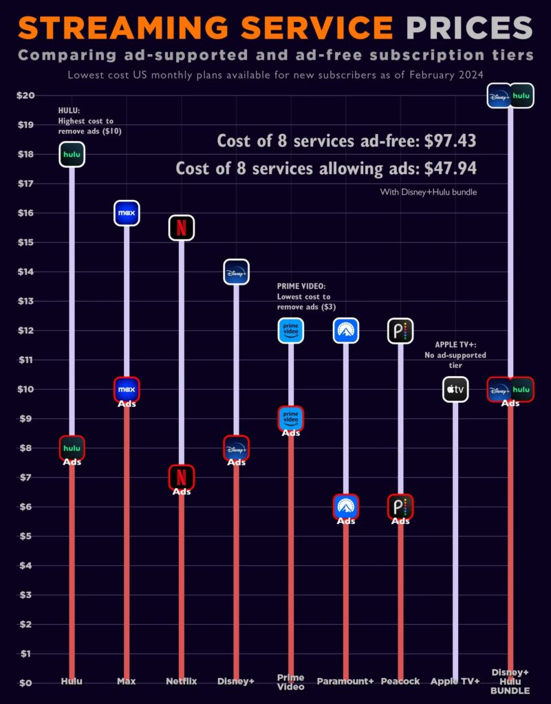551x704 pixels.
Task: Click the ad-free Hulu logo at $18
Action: pos(72,155)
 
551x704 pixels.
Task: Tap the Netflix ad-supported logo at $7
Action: pos(182,476)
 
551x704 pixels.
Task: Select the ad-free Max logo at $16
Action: pos(127,213)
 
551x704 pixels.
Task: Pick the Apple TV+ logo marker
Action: pos(455,390)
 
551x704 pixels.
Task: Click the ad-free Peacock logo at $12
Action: pos(400,331)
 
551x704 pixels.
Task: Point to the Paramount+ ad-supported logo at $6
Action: pos(345,507)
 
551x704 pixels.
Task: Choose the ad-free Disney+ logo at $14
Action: pos(236,272)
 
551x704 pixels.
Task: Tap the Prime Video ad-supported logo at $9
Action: pos(291,418)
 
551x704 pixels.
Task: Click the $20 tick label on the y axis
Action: pos(25,96)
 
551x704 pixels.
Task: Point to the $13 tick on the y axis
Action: pos(25,301)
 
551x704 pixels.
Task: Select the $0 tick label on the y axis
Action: pos(25,683)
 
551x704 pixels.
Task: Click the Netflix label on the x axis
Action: pos(182,681)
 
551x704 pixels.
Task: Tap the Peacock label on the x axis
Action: pos(400,681)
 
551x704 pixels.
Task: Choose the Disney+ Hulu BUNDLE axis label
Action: pos(510,681)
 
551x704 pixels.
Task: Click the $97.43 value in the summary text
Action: pos(450,141)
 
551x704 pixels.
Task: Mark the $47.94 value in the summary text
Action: pos(450,168)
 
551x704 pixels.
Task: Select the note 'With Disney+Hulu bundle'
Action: pos(428,192)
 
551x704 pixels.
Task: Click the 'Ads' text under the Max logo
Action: pos(127,404)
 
